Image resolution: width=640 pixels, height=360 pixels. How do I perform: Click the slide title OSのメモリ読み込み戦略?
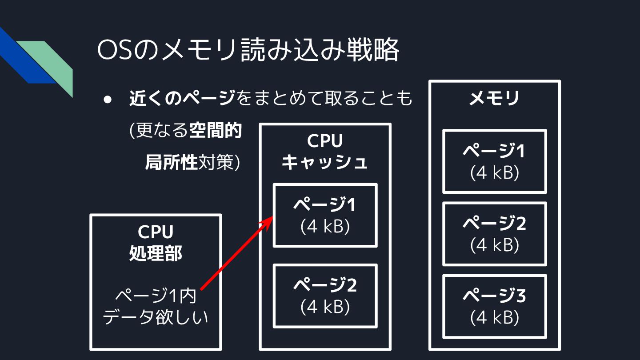point(248,50)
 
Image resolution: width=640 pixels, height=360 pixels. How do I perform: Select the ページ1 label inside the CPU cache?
point(325,205)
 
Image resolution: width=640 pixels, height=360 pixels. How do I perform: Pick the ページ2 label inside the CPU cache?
point(325,285)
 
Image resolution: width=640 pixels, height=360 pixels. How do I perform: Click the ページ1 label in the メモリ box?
point(494,151)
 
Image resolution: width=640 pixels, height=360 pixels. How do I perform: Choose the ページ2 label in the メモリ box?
point(494,223)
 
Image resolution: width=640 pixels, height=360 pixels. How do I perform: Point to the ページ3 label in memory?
point(494,296)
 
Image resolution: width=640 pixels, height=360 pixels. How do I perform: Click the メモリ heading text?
point(494,99)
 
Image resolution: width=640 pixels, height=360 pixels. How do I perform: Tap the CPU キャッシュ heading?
point(325,152)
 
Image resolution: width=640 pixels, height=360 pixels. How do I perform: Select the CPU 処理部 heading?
point(155,243)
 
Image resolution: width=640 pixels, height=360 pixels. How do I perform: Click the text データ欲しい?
point(155,317)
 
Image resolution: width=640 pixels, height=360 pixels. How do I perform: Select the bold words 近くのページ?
point(182,99)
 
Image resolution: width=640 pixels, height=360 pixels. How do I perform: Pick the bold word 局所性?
point(171,163)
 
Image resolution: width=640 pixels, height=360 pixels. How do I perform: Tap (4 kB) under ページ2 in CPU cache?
point(325,307)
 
